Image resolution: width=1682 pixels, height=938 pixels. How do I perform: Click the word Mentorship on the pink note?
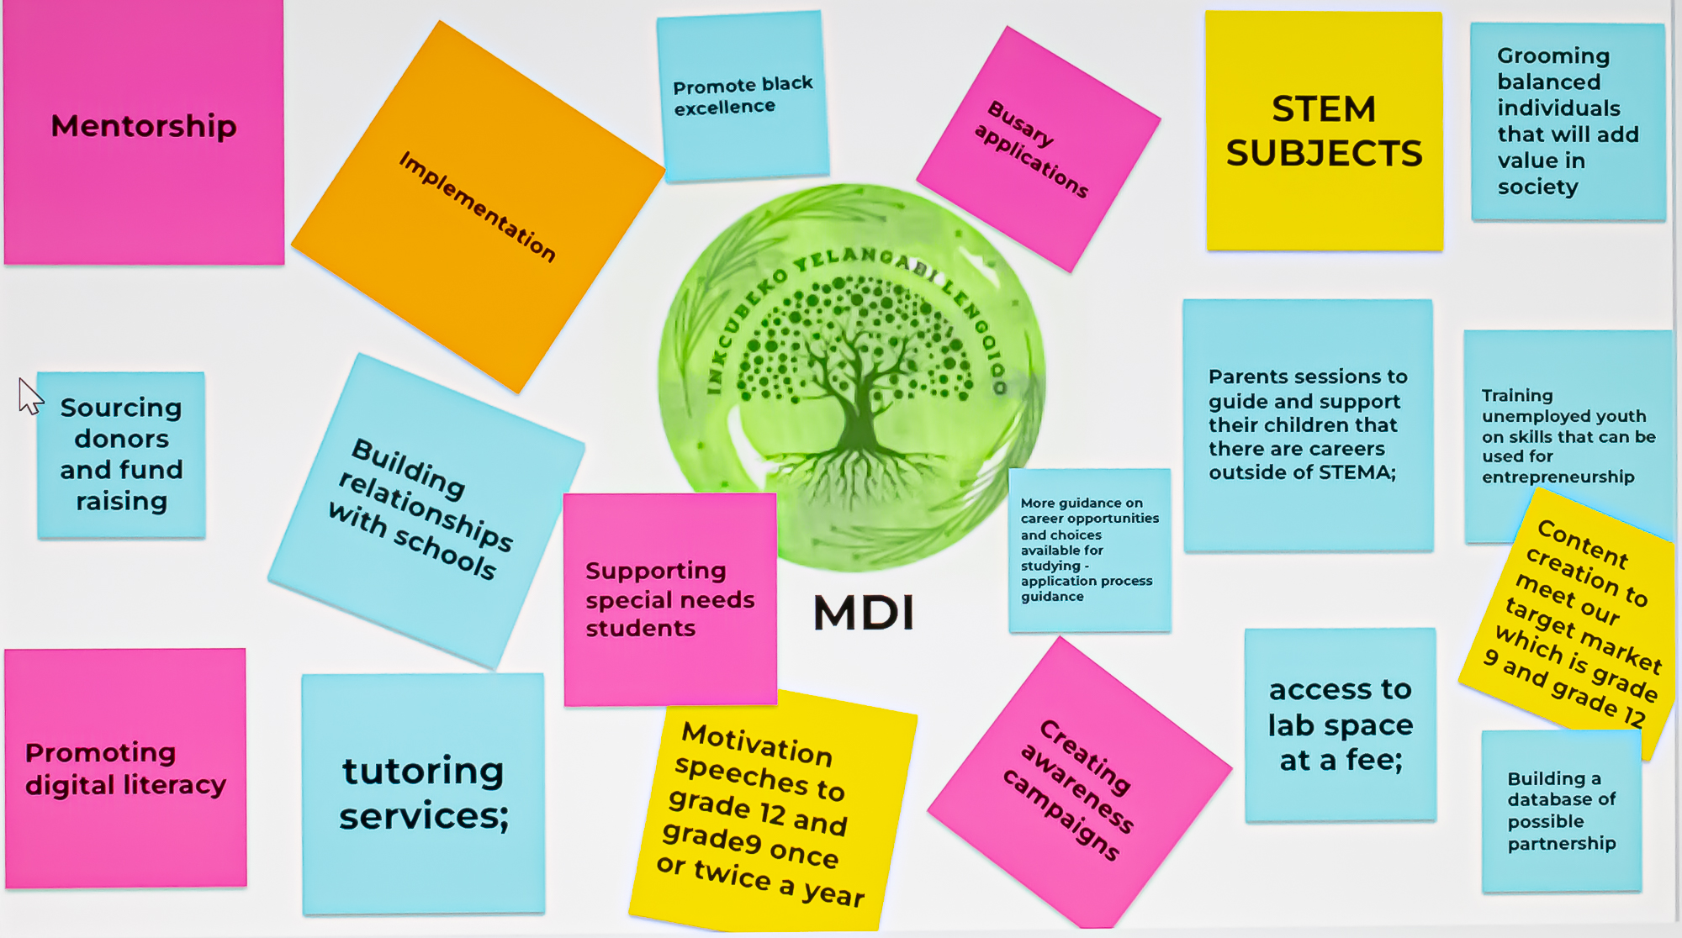[x=144, y=126]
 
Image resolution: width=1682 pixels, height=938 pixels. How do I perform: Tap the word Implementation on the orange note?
[x=477, y=207]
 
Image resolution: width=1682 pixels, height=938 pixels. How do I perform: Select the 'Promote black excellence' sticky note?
[x=743, y=96]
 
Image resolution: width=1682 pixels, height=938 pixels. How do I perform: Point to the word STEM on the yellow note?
[x=1323, y=109]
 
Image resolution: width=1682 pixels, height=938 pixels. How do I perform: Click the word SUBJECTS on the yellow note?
[x=1324, y=154]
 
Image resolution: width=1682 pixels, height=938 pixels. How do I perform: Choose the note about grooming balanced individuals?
[x=1567, y=121]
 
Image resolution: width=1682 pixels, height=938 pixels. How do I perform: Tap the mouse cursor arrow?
[x=29, y=395]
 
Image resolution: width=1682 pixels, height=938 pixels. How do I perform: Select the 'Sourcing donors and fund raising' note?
[x=121, y=455]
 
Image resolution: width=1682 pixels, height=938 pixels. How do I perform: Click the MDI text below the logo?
[x=864, y=613]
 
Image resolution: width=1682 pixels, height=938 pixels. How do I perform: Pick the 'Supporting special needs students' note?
[x=669, y=599]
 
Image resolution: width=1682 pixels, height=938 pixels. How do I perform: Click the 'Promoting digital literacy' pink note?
[x=125, y=768]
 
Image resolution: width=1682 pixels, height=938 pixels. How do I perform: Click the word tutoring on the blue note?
[x=423, y=771]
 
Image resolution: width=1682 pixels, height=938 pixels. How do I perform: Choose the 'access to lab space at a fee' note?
[x=1341, y=725]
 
